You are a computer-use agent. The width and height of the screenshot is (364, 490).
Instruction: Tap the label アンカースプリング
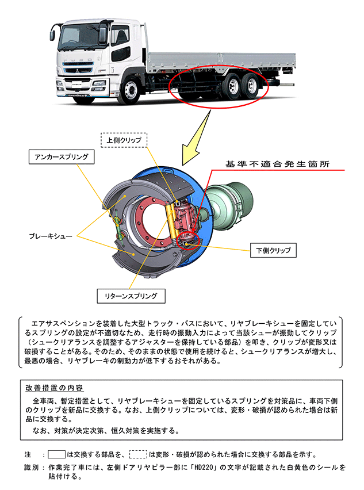(x=62, y=156)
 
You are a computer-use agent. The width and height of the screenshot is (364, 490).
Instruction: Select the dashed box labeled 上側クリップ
(x=124, y=140)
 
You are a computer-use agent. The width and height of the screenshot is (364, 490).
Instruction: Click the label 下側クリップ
(x=273, y=250)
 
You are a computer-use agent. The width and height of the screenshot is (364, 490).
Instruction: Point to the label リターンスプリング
(x=131, y=296)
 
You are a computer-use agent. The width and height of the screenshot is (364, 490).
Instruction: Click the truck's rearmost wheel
(x=252, y=86)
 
